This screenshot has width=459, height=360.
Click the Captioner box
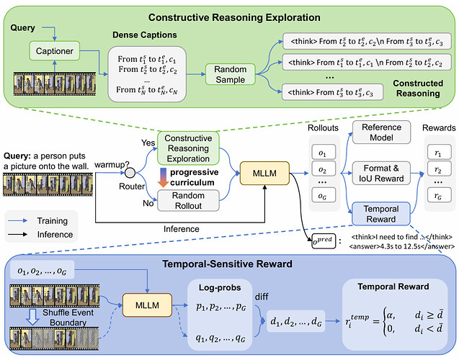(x=55, y=51)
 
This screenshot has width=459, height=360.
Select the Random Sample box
(x=230, y=74)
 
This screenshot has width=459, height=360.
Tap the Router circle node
(x=130, y=173)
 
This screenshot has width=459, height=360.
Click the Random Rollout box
(x=188, y=201)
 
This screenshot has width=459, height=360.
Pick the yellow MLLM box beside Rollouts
(x=264, y=173)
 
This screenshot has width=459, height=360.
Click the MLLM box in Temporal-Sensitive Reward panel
(x=147, y=305)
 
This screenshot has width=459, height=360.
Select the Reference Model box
(x=381, y=132)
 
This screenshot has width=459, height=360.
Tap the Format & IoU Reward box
(x=381, y=173)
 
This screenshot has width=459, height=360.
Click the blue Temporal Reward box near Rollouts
(x=381, y=214)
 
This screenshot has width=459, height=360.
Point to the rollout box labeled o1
(x=322, y=152)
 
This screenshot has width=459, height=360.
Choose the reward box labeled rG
(x=438, y=195)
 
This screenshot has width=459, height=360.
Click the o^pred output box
(x=324, y=241)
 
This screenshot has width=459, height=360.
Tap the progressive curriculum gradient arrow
(x=163, y=178)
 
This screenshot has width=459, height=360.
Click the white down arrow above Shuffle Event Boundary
(x=33, y=317)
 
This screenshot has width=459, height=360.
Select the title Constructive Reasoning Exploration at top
(x=234, y=17)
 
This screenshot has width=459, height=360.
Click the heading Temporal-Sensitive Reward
(x=227, y=264)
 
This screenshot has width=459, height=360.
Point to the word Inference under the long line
(x=181, y=229)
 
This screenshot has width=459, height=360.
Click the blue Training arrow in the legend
(x=18, y=221)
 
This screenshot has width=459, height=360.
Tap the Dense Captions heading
(x=145, y=35)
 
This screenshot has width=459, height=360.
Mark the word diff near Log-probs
(x=262, y=297)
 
